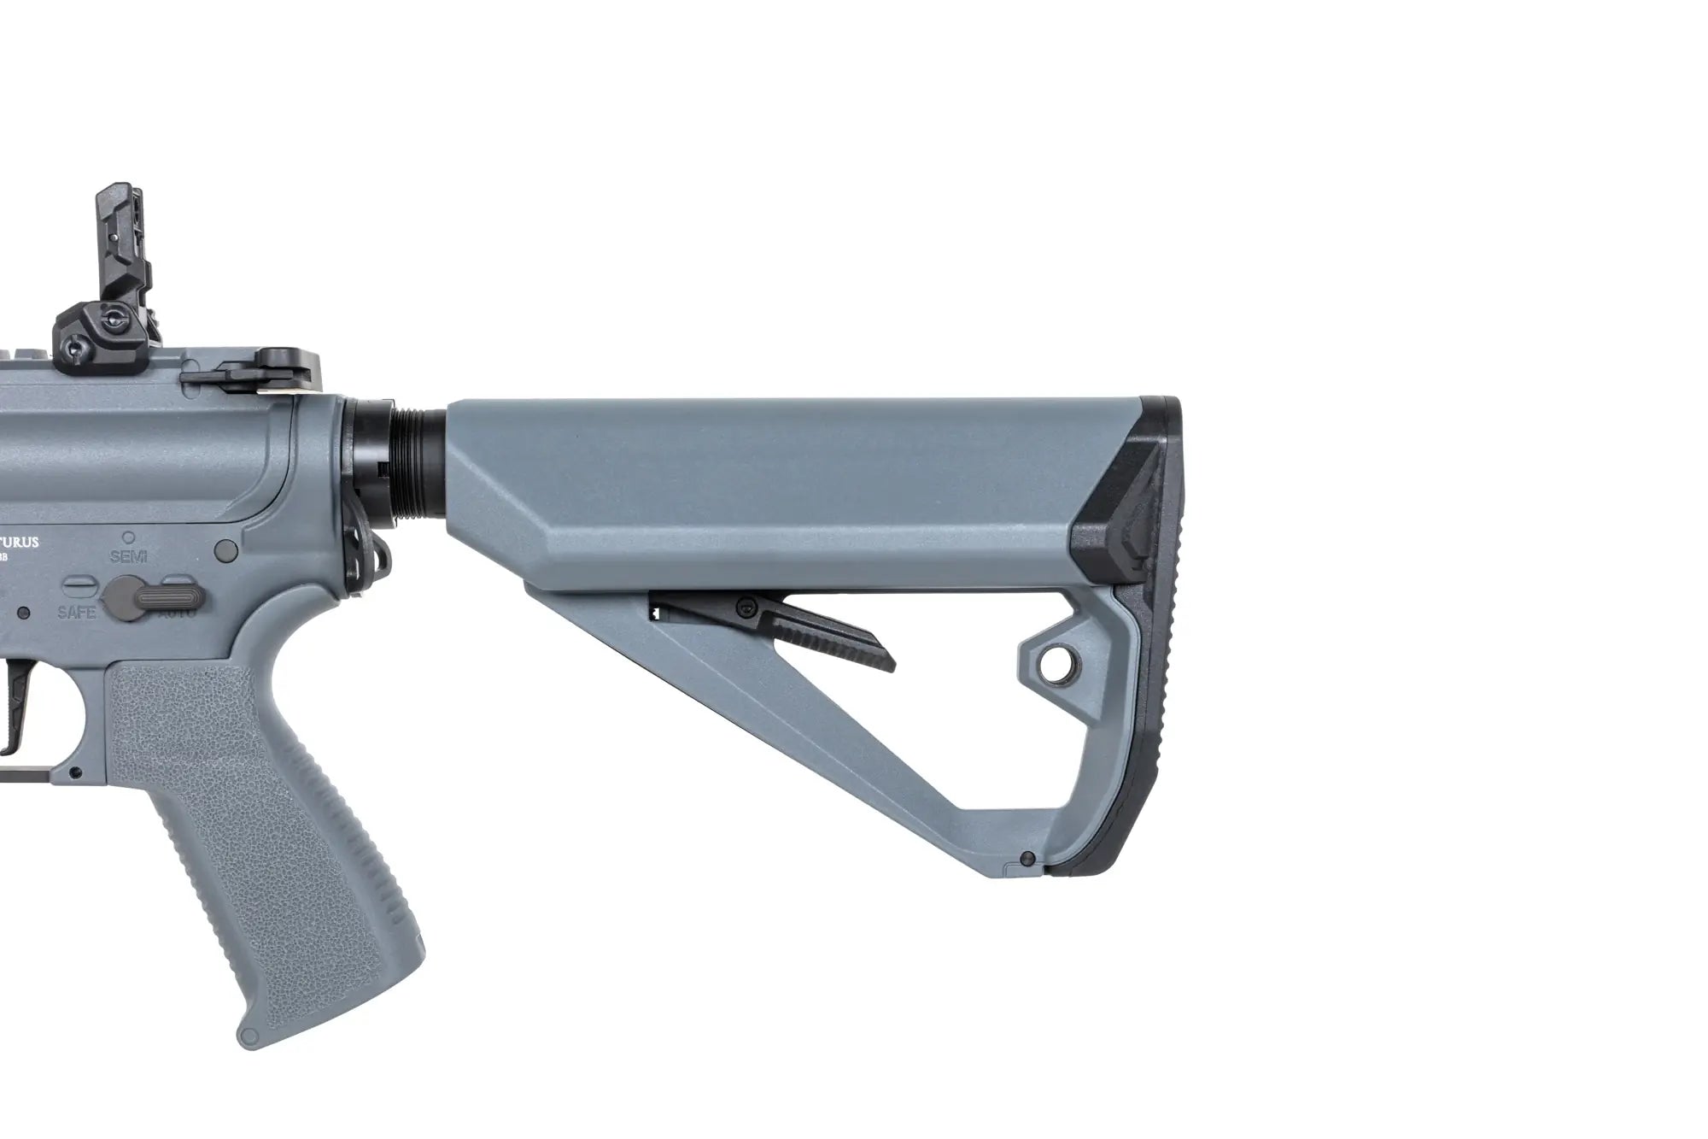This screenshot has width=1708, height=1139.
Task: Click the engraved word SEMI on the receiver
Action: pos(129,556)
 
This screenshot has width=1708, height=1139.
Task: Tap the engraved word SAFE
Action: pos(76,613)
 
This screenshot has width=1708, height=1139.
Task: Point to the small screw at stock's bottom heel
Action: pos(1027,859)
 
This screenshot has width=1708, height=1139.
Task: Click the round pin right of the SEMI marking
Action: pos(227,547)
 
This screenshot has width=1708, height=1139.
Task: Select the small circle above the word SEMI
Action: pos(129,537)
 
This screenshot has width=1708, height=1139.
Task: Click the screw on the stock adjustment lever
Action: pos(748,607)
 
